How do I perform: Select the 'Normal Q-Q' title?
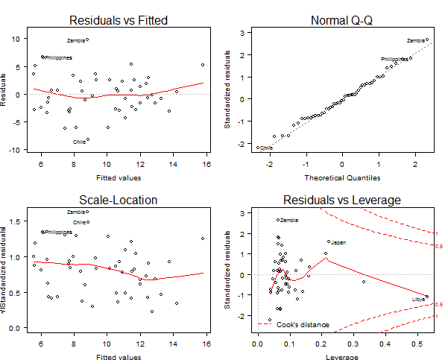pyautogui.click(x=341, y=20)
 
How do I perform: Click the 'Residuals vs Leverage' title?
pyautogui.click(x=341, y=199)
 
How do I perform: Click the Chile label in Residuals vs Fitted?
pyautogui.click(x=79, y=142)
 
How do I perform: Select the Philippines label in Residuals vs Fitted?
pyautogui.click(x=58, y=57)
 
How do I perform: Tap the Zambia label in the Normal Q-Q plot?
pyautogui.click(x=416, y=40)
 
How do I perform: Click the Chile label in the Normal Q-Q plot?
pyautogui.click(x=266, y=148)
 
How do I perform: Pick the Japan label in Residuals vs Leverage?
pyautogui.click(x=338, y=242)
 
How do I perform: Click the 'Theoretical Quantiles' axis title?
pyautogui.click(x=341, y=178)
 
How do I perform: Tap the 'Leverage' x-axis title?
pyautogui.click(x=341, y=357)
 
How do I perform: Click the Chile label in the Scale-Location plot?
pyautogui.click(x=79, y=222)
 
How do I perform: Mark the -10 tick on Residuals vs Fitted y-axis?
pyautogui.click(x=15, y=150)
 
